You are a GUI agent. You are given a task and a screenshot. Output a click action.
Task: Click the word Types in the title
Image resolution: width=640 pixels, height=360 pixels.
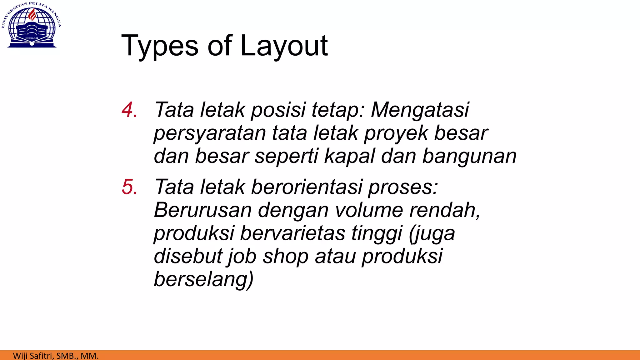160,46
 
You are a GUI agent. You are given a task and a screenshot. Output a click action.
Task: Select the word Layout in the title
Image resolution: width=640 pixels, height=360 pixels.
284,46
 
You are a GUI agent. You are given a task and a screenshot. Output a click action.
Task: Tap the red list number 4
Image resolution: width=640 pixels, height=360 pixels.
129,110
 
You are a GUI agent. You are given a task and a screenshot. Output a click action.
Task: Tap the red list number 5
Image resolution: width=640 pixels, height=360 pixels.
129,187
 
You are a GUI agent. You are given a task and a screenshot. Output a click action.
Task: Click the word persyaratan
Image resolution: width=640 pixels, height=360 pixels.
210,133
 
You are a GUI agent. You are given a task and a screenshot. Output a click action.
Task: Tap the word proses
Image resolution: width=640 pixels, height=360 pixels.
403,187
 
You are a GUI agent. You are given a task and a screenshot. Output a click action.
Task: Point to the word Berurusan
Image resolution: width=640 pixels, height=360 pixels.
203,210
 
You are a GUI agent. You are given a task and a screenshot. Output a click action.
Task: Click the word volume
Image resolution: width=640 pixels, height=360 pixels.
369,210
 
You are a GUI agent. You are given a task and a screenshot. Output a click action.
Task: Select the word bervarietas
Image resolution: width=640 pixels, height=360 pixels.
292,233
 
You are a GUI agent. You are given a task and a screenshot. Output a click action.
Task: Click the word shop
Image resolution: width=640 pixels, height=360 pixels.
285,256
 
